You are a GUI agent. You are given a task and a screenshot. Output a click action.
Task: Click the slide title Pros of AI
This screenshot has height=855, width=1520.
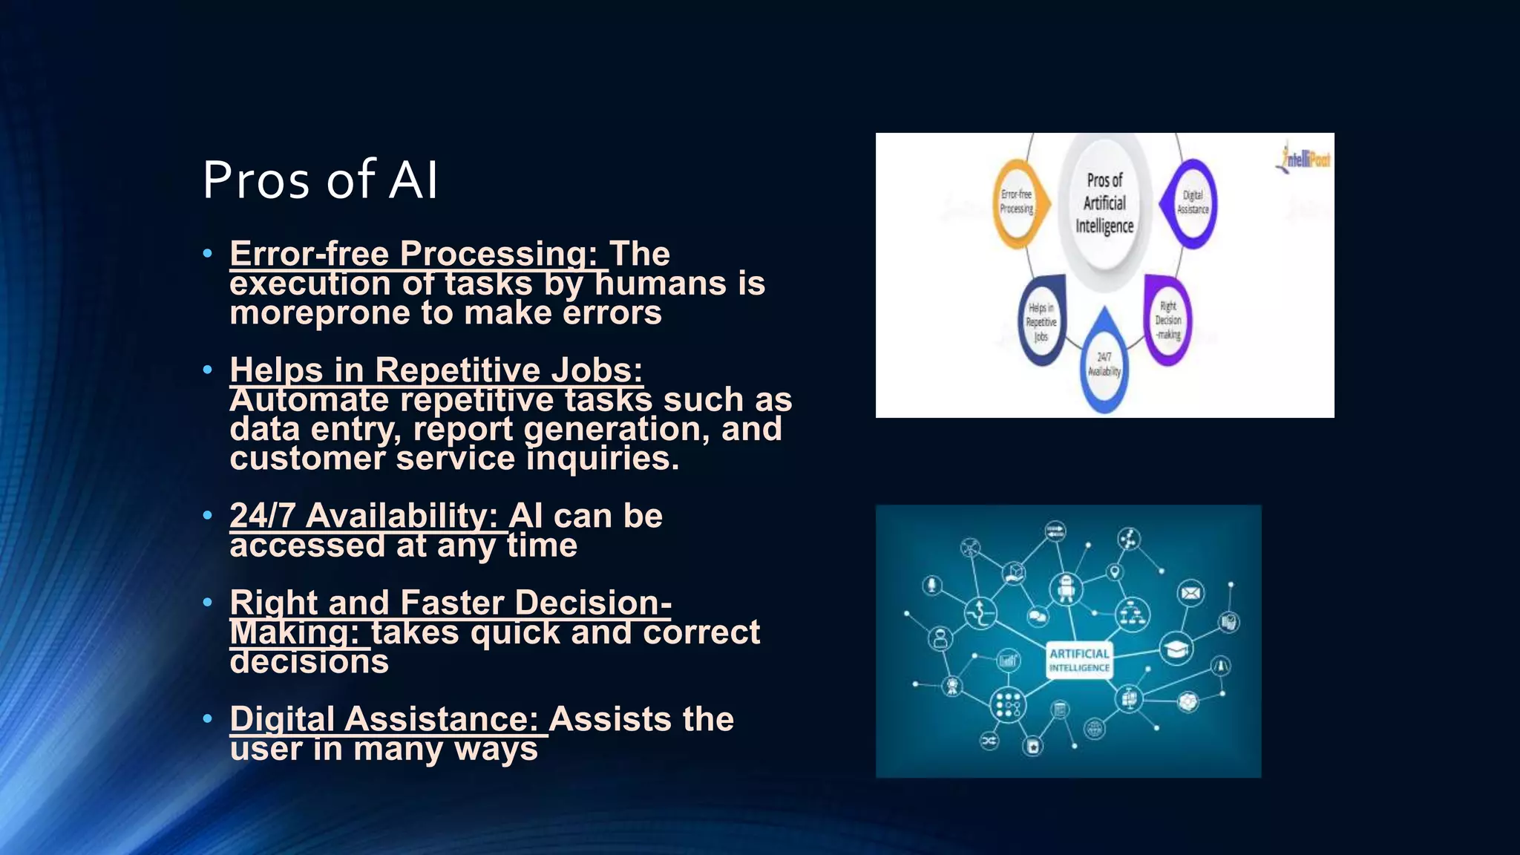[x=320, y=180]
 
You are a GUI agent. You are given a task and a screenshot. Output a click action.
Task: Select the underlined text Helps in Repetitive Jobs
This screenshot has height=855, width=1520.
[x=436, y=370]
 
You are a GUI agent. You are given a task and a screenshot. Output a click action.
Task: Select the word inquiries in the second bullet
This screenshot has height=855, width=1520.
[x=603, y=459]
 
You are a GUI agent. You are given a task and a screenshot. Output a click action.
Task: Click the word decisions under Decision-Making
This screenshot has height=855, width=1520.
[x=309, y=662]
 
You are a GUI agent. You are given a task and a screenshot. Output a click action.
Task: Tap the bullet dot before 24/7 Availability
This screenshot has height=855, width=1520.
[x=208, y=515]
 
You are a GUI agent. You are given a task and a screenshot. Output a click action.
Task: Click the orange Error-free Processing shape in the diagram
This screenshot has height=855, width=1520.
[x=1018, y=202]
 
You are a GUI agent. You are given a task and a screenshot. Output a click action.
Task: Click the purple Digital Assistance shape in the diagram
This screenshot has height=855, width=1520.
[x=1192, y=203]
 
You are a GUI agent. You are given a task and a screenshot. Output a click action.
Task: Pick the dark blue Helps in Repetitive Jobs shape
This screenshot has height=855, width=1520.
[x=1041, y=321]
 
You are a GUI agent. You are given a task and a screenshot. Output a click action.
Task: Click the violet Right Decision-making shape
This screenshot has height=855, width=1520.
[x=1168, y=320]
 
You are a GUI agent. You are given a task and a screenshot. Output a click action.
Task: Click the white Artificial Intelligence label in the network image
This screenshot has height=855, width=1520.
[x=1079, y=660]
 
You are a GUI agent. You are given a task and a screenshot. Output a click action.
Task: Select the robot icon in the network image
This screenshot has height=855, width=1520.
[x=1067, y=589]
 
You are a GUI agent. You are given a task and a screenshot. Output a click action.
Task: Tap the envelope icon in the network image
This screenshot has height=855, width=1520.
[x=1190, y=593]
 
